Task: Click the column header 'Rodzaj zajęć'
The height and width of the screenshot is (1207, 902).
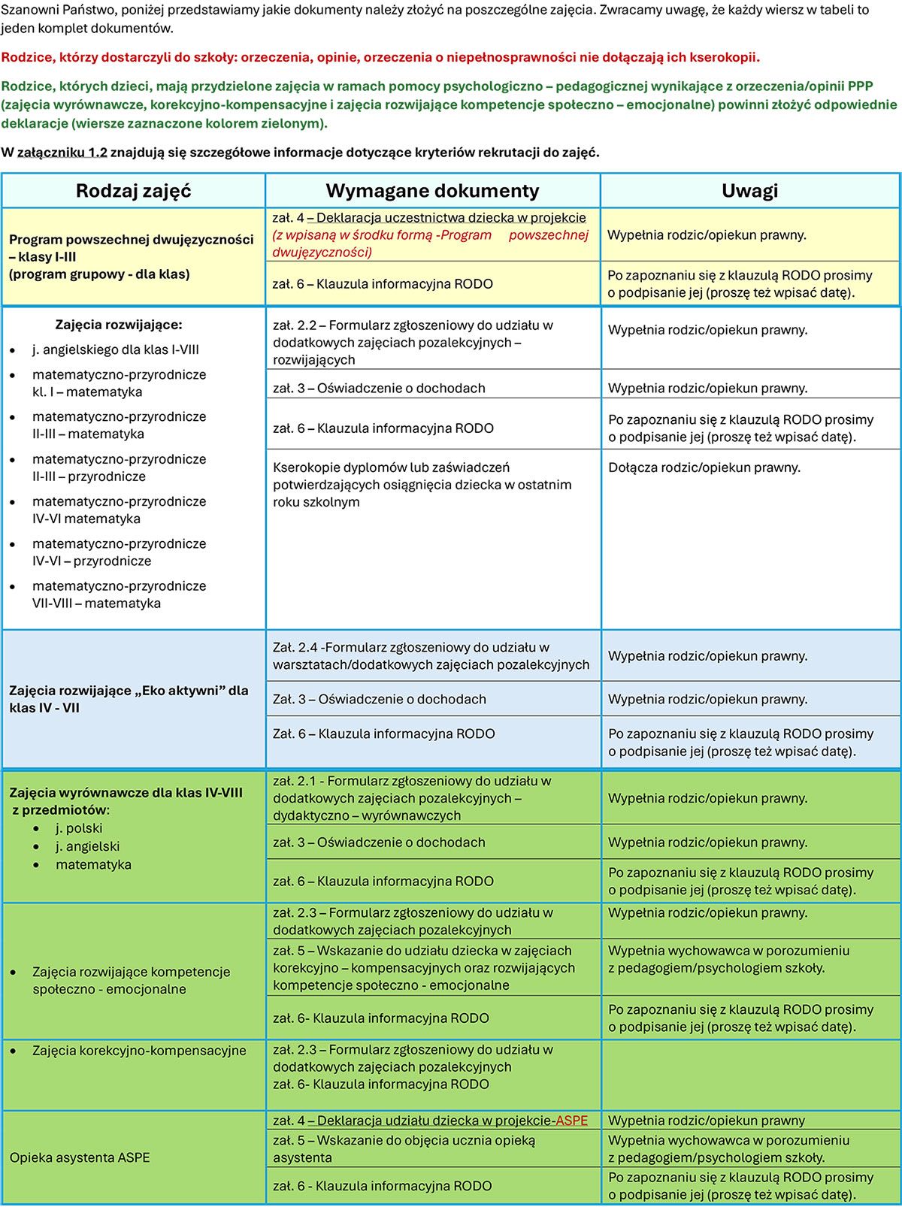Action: point(133,191)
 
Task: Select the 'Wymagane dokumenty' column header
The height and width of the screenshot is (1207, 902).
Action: point(432,191)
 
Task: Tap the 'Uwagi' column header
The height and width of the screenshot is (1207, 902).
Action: point(749,191)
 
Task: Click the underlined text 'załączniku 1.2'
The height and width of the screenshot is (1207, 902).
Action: point(62,153)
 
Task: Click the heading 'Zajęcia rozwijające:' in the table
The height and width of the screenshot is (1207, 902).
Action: point(119,325)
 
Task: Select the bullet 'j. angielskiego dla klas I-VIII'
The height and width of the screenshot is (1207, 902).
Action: point(115,349)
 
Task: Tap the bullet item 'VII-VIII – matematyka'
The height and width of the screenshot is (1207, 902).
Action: point(96,603)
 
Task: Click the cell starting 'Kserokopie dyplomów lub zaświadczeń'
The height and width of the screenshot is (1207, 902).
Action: point(422,485)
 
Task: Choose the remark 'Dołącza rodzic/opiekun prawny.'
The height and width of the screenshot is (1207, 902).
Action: point(704,467)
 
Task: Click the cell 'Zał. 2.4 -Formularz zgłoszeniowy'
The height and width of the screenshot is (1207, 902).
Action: point(431,655)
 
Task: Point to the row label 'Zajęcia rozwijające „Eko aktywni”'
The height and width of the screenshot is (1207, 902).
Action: point(129,698)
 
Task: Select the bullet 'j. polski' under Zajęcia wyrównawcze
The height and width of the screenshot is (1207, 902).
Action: point(79,828)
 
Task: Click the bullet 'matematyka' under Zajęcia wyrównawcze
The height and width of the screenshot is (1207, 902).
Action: point(93,864)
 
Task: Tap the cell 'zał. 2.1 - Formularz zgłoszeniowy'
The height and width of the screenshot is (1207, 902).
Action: point(412,798)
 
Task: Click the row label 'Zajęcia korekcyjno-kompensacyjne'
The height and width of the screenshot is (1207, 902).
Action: point(139,1050)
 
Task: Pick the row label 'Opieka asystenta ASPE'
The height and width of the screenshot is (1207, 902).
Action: point(80,1157)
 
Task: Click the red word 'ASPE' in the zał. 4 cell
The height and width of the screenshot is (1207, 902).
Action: point(571,1121)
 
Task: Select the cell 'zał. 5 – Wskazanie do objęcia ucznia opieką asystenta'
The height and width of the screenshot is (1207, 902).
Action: point(404,1148)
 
